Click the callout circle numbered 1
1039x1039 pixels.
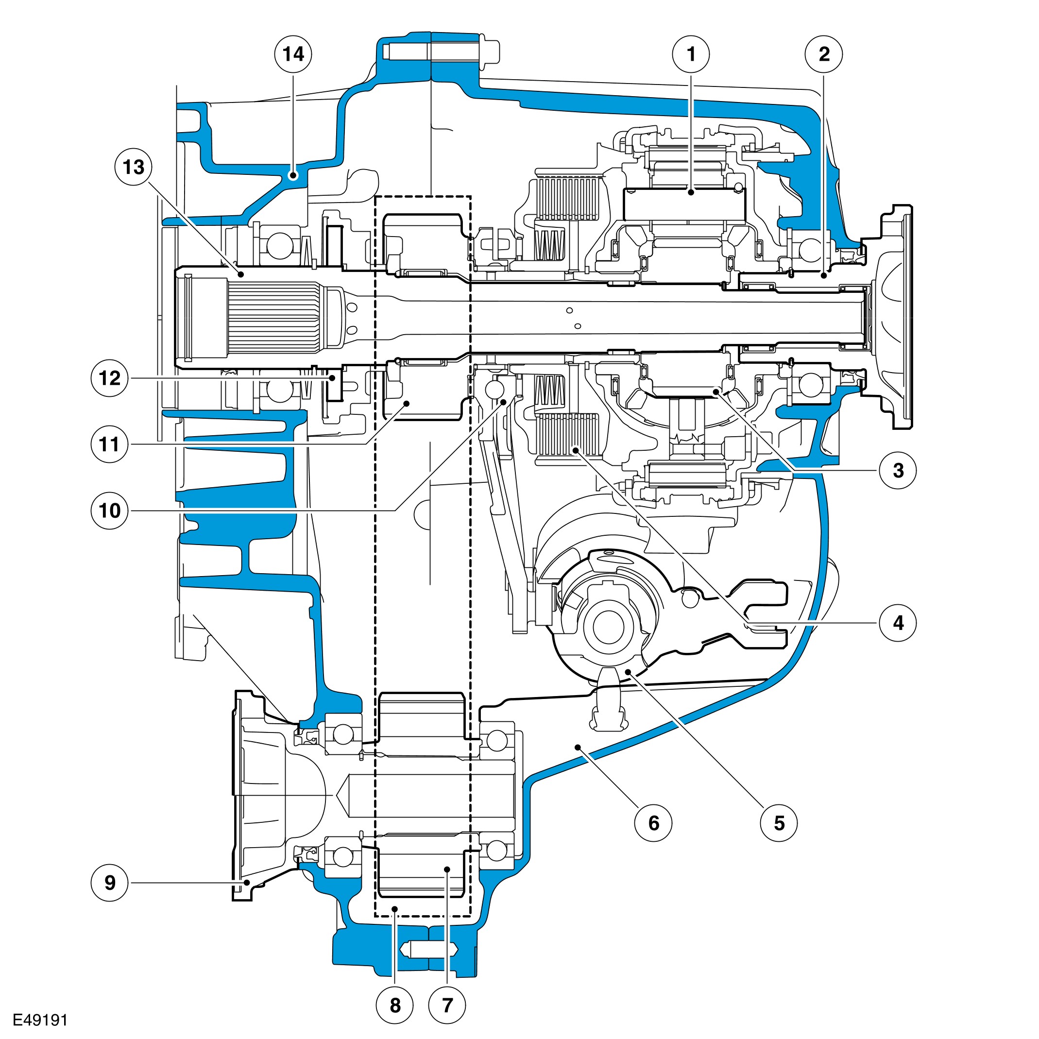(x=691, y=54)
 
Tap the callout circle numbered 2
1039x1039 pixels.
(x=823, y=54)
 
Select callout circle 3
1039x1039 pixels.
(x=898, y=471)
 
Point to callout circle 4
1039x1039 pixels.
(x=898, y=623)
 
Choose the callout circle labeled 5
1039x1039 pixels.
(x=779, y=823)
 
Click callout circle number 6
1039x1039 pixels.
(x=653, y=823)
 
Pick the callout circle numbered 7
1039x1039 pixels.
(x=447, y=1005)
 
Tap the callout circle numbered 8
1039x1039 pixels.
(x=395, y=1005)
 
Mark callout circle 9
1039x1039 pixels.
(x=110, y=883)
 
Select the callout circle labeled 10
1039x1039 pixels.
(x=110, y=511)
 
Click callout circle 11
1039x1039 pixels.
(x=110, y=444)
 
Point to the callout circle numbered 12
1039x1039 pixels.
(x=110, y=378)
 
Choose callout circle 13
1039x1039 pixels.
(x=134, y=167)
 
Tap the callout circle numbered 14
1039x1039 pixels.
(x=293, y=54)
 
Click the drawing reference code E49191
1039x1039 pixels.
(x=40, y=1020)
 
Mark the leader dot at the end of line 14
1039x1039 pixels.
(x=293, y=175)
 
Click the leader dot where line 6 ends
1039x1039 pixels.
(x=578, y=747)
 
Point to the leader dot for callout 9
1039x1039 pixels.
(x=247, y=883)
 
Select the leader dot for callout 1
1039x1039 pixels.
(x=691, y=191)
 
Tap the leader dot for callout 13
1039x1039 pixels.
(x=241, y=274)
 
